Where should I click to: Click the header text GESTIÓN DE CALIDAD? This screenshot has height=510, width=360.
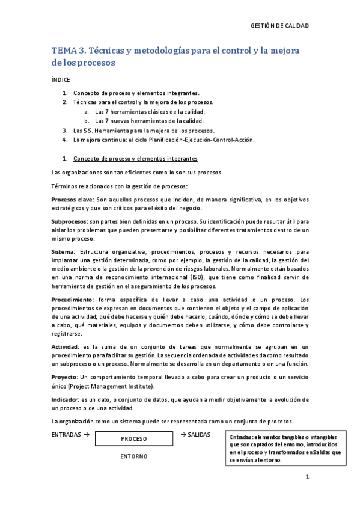[279, 26]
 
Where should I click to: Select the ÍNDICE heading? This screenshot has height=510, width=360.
[61, 79]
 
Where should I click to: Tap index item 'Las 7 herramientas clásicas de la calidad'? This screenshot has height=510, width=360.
[150, 112]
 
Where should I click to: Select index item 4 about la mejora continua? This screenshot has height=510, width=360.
[163, 140]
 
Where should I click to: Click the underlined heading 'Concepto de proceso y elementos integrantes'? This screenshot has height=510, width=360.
[135, 159]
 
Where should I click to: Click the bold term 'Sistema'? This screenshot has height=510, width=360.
[63, 251]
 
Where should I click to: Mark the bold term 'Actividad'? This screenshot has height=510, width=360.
[66, 347]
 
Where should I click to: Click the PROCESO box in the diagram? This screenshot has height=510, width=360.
[133, 439]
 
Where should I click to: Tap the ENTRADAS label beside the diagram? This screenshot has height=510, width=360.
[67, 434]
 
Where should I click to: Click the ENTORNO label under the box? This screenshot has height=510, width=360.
[133, 456]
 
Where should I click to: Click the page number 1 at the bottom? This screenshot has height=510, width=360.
[307, 478]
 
